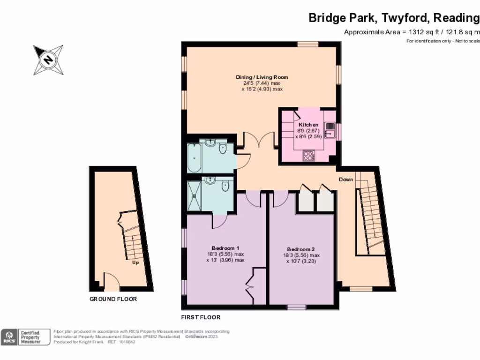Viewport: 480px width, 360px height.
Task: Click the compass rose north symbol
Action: pyautogui.click(x=48, y=60)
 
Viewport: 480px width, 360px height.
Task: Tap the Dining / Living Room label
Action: pyautogui.click(x=262, y=77)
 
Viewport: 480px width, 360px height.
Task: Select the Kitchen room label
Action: pyautogui.click(x=308, y=125)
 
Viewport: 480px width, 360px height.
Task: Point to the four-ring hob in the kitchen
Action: pyautogui.click(x=308, y=156)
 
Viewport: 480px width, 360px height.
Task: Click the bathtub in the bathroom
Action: pyautogui.click(x=193, y=158)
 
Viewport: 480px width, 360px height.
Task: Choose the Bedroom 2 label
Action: pyautogui.click(x=300, y=249)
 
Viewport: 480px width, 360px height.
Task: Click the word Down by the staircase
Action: pyautogui.click(x=346, y=180)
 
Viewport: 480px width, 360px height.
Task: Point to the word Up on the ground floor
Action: pyautogui.click(x=135, y=262)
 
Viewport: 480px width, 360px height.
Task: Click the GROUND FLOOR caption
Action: pyautogui.click(x=113, y=299)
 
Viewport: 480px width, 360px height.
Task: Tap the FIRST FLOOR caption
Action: pyautogui.click(x=201, y=317)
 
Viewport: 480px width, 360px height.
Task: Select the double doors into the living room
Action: pyautogui.click(x=259, y=140)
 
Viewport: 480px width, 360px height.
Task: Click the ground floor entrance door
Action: pyautogui.click(x=112, y=282)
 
